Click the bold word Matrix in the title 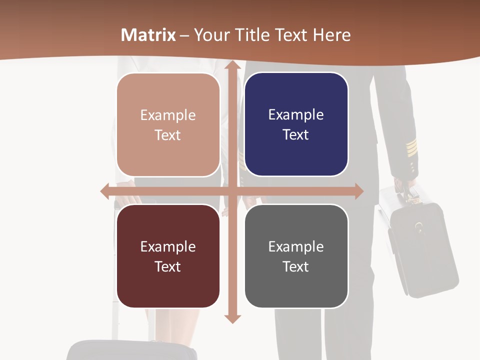pyautogui.click(x=148, y=35)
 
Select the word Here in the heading pyautogui.click(x=331, y=35)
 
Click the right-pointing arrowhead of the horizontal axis pyautogui.click(x=358, y=191)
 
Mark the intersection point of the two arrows pyautogui.click(x=232, y=191)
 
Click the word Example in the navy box pyautogui.click(x=296, y=115)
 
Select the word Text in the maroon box pyautogui.click(x=167, y=266)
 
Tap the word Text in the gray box pyautogui.click(x=295, y=266)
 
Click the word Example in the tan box pyautogui.click(x=168, y=115)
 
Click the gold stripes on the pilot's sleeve pyautogui.click(x=411, y=147)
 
